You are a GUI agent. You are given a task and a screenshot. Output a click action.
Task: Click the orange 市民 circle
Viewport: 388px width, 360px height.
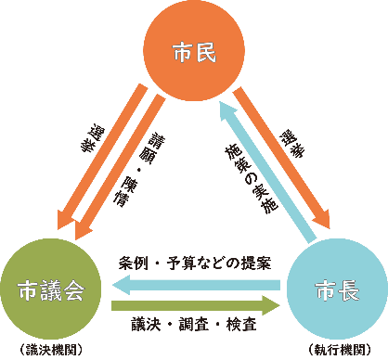194,53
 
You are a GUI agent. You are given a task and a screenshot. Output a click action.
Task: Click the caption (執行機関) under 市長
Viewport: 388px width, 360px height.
335,350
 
